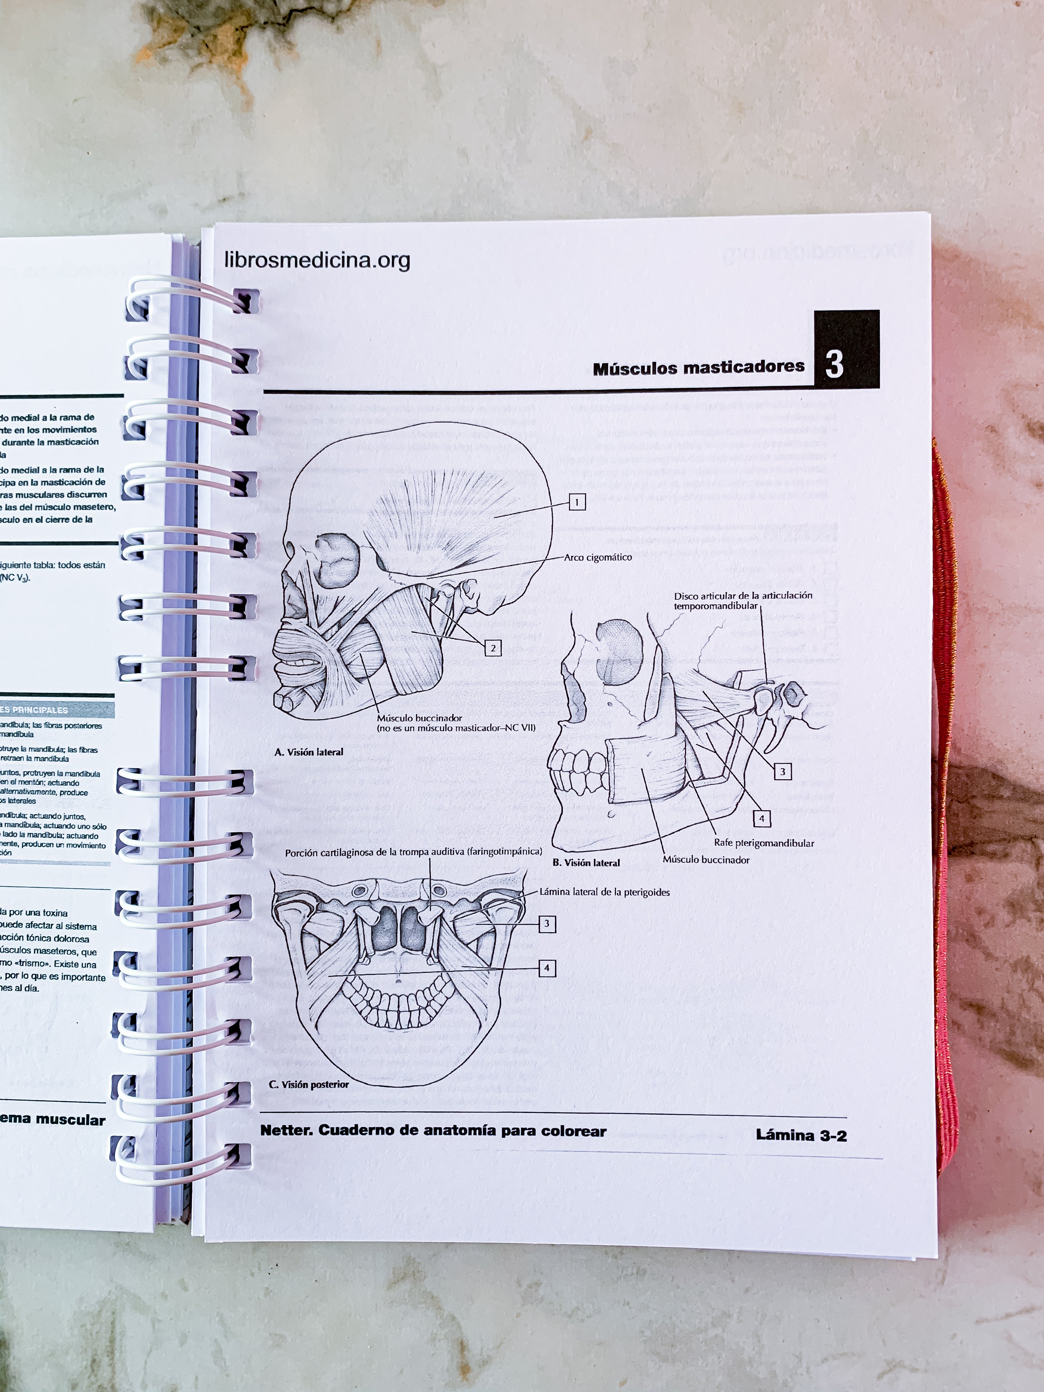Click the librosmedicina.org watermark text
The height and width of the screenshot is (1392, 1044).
(x=317, y=260)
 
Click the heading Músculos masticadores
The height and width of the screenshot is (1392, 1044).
(x=698, y=368)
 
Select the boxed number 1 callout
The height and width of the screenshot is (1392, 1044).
(x=577, y=502)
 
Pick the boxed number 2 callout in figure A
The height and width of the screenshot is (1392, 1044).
(x=493, y=648)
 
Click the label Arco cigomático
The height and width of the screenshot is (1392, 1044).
(x=598, y=557)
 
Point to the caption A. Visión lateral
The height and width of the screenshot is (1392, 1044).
(x=309, y=752)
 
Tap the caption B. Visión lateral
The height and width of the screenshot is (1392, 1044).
(x=586, y=863)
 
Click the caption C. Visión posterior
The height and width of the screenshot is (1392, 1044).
(x=308, y=1084)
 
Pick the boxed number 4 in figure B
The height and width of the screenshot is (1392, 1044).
(x=762, y=819)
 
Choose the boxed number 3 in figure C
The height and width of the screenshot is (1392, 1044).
(x=547, y=924)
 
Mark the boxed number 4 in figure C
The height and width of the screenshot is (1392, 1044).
(x=547, y=968)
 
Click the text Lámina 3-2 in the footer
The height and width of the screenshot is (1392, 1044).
(x=801, y=1136)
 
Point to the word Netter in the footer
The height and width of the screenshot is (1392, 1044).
(x=286, y=1130)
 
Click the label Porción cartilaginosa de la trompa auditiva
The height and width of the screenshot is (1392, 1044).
(x=413, y=852)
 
